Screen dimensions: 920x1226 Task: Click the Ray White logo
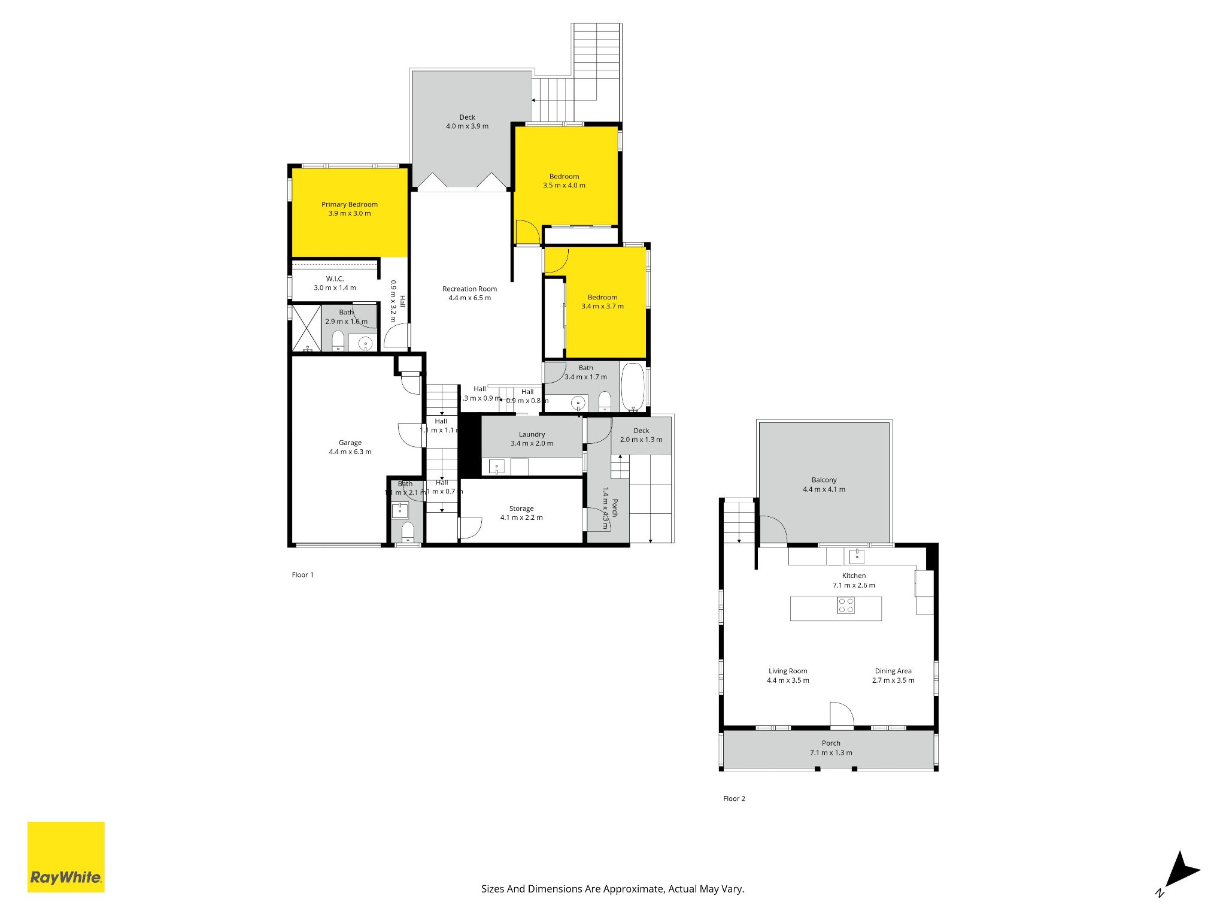point(66,857)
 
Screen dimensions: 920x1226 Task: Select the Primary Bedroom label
point(350,204)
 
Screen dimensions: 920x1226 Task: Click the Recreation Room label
point(469,289)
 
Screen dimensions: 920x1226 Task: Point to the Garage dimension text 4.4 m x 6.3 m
point(350,452)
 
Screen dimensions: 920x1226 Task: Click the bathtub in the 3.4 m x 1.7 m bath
point(633,386)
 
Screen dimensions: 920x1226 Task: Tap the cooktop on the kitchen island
point(846,606)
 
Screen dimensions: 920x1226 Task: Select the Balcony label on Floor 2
point(824,480)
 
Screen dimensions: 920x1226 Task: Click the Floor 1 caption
point(302,574)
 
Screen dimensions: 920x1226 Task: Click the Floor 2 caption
point(734,798)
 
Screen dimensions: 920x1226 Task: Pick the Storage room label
point(521,509)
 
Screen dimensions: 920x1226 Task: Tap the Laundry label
point(532,434)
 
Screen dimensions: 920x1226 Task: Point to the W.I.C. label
point(335,279)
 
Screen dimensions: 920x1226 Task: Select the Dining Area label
point(893,671)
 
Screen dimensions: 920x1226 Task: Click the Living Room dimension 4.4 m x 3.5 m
point(788,680)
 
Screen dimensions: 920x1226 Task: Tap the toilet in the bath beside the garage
point(408,531)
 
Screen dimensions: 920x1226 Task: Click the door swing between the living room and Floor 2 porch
point(841,714)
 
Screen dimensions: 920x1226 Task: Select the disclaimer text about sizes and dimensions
point(612,889)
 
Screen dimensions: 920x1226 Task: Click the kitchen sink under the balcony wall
point(857,557)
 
